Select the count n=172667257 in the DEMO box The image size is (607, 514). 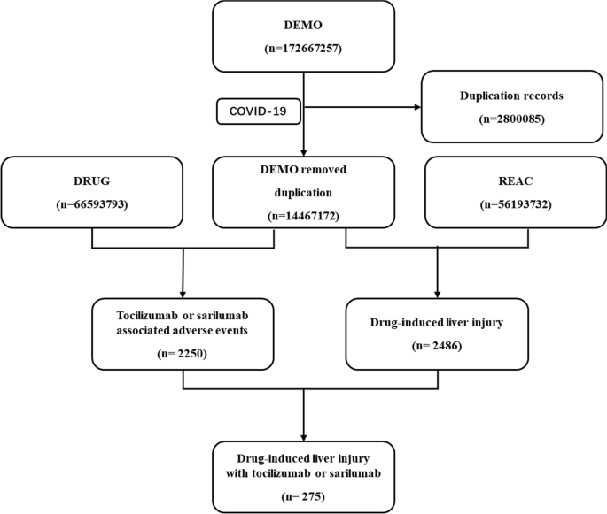click(304, 49)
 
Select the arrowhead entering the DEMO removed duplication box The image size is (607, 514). click(304, 151)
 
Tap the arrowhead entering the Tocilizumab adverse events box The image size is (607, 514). click(182, 295)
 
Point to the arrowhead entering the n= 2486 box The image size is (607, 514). click(437, 295)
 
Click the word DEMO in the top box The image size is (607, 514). click(304, 25)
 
